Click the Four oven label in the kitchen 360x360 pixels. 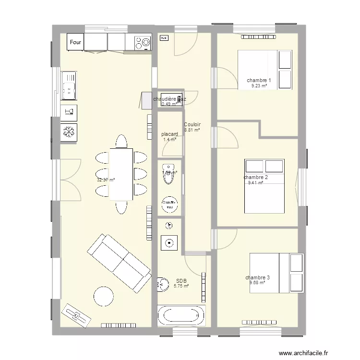(75, 42)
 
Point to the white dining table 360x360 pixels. (121, 174)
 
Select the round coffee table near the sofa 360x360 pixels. (103, 296)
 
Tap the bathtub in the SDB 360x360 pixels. (181, 316)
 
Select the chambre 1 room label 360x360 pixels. (259, 80)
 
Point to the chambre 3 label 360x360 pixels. (257, 277)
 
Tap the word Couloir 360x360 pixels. (192, 124)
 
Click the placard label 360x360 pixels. (170, 134)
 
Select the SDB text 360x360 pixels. (181, 281)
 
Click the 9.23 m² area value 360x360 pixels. (259, 86)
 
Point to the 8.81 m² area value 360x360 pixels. (192, 130)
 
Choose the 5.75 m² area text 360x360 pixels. (181, 286)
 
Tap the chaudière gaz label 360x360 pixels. (169, 99)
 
